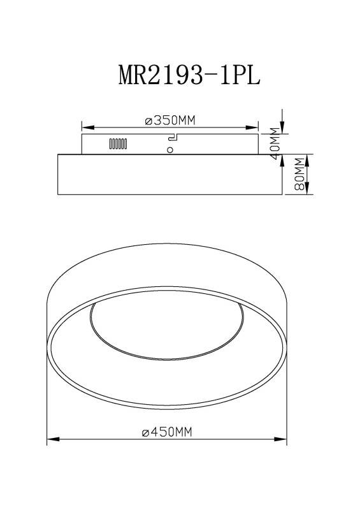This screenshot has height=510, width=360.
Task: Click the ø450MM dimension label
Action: coord(167,432)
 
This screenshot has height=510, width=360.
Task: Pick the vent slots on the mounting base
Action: coord(119,144)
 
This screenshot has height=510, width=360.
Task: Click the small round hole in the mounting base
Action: coord(169,150)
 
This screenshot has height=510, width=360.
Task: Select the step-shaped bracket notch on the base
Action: coord(172,138)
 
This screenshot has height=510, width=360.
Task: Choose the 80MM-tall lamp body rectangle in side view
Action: coord(169,174)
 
